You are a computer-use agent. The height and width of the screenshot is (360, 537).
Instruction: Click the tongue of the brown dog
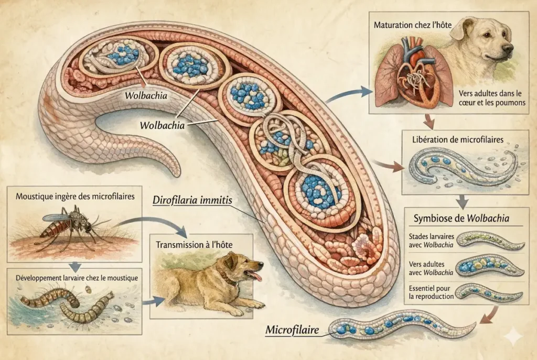coord(255,276)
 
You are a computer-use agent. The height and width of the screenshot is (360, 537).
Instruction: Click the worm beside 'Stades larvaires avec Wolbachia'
coord(490,241)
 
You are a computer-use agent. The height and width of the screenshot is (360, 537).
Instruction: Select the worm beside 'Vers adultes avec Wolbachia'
coord(490,266)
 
